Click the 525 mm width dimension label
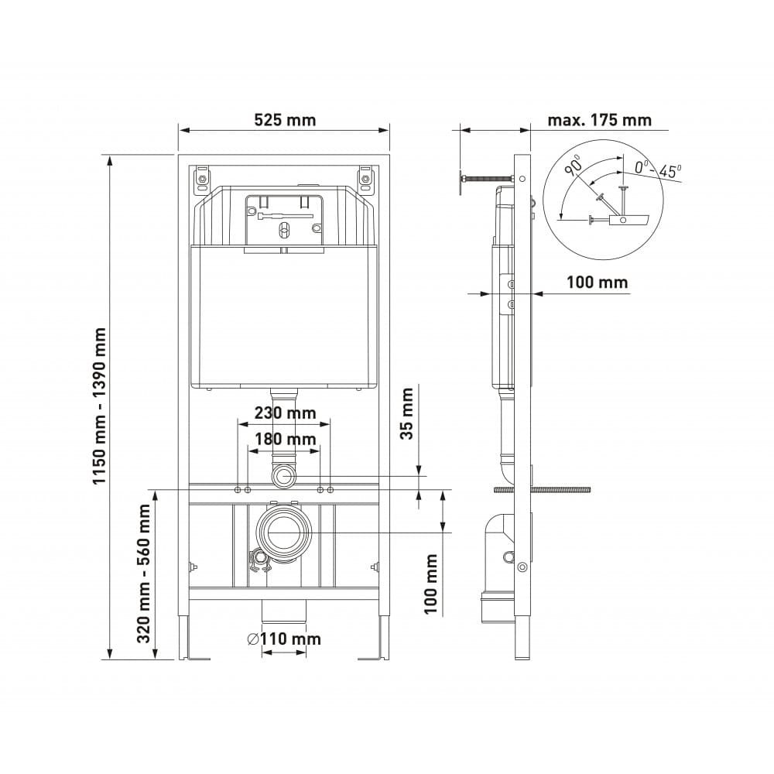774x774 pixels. [x=285, y=120]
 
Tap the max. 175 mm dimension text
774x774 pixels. [x=599, y=120]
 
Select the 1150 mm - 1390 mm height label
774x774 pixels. [x=99, y=406]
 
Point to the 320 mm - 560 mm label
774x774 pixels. [x=144, y=573]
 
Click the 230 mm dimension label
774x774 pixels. [x=285, y=413]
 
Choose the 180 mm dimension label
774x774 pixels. [x=285, y=439]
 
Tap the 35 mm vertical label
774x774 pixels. [x=406, y=413]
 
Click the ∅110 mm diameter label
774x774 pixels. [x=284, y=639]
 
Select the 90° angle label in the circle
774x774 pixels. [x=574, y=165]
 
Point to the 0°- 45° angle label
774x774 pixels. [x=657, y=170]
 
